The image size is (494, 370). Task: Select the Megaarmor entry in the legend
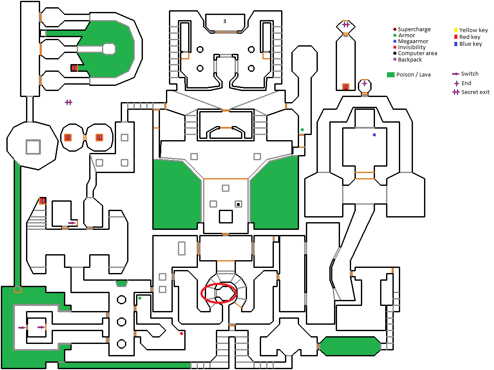[413, 41]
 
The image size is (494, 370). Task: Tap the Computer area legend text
[417, 53]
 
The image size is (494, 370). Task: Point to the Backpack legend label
[410, 59]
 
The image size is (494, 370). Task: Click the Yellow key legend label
[473, 30]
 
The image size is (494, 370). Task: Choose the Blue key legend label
[471, 44]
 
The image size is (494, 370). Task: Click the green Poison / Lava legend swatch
[390, 75]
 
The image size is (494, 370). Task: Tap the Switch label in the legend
[470, 74]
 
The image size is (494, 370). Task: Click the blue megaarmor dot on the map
[375, 135]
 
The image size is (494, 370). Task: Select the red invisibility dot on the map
[182, 333]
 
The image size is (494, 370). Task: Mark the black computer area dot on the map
[238, 204]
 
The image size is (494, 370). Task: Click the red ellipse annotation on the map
[219, 293]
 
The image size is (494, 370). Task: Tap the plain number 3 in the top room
[224, 21]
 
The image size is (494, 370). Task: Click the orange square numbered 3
[74, 68]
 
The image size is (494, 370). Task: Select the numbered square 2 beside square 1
[67, 138]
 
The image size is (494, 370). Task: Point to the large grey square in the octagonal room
[33, 147]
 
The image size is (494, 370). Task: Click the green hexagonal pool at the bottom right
[350, 346]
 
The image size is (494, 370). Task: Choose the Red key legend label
[470, 37]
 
